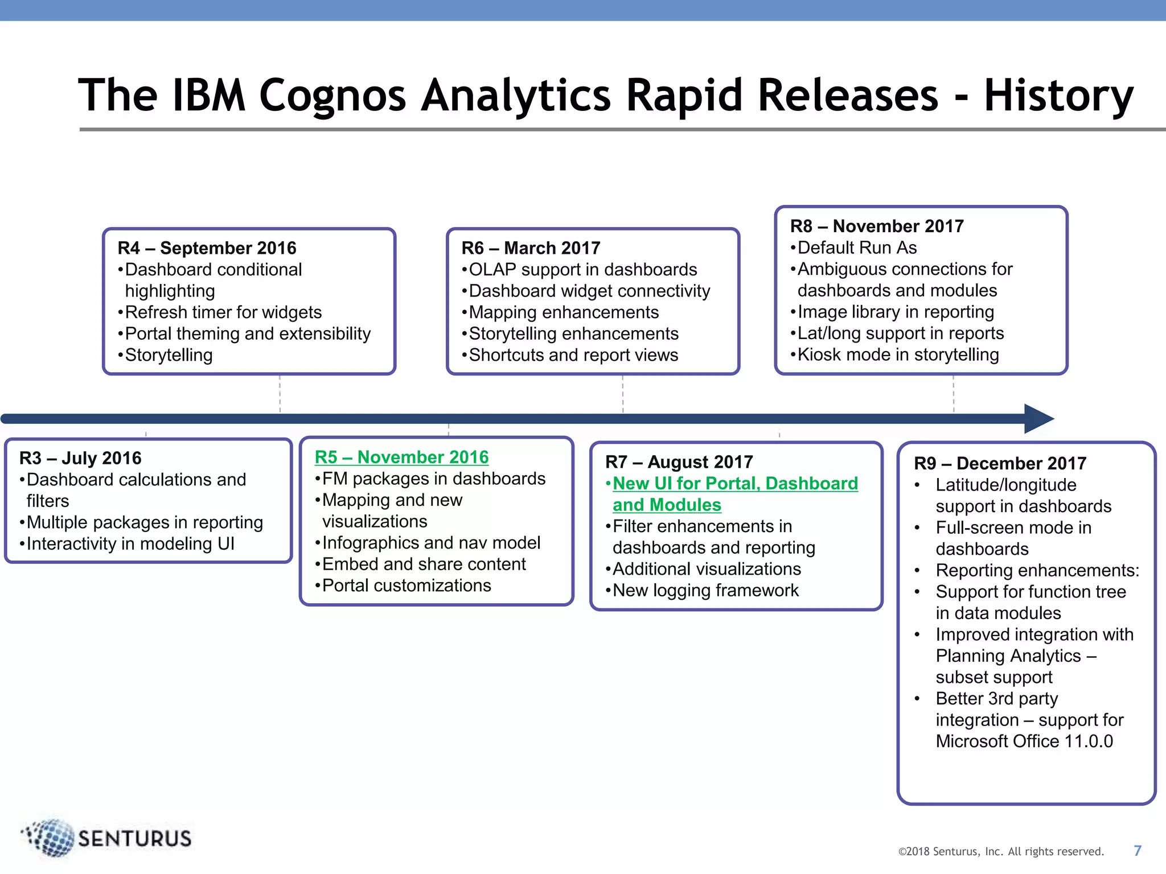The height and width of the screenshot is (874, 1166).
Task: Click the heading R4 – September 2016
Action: pos(207,248)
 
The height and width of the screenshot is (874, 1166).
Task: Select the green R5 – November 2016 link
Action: pos(401,457)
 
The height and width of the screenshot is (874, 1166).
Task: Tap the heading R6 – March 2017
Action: pos(531,248)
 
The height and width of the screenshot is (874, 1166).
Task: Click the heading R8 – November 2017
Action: pos(877,226)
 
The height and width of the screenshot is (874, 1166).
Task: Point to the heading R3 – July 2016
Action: pos(80,458)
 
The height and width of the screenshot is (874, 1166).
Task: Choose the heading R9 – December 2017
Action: pos(1000,463)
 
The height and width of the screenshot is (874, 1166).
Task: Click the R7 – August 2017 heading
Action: pos(679,461)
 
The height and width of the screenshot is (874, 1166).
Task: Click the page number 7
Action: pos(1137,851)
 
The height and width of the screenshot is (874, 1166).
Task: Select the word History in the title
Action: pos(1058,95)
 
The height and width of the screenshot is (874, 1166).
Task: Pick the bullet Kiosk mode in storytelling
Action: pos(898,354)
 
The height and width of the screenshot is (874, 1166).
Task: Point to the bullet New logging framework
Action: pos(705,590)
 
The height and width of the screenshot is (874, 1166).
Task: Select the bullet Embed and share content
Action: pos(424,564)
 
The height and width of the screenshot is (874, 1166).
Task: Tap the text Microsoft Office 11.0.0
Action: pos(1024,741)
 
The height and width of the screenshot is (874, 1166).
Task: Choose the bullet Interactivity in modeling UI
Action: pos(130,543)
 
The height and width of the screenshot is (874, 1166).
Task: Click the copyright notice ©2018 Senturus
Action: pos(1000,851)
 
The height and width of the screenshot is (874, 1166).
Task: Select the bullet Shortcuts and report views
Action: pos(573,355)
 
